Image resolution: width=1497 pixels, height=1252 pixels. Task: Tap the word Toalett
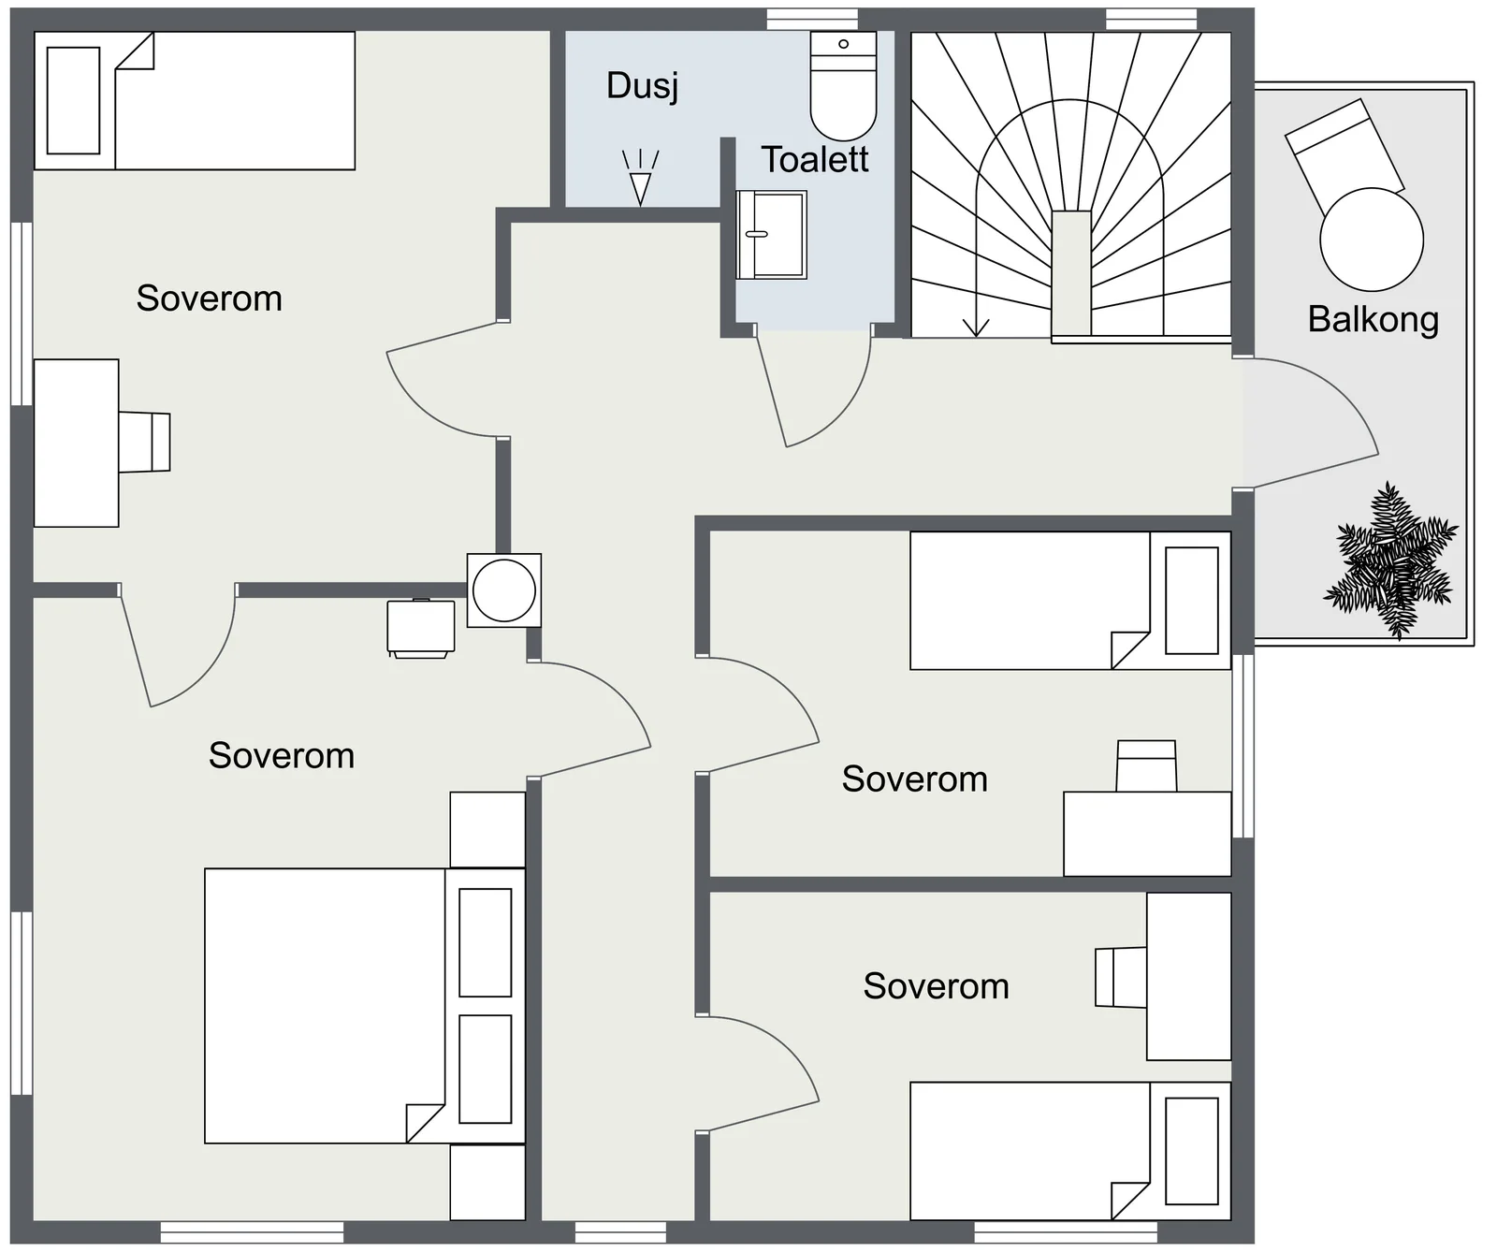[x=815, y=160]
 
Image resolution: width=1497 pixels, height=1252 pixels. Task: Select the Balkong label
[x=1373, y=320]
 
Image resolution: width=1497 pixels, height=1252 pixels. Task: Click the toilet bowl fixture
[x=843, y=85]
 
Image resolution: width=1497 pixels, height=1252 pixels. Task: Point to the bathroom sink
[x=771, y=235]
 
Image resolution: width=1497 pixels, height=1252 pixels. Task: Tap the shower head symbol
[x=641, y=177]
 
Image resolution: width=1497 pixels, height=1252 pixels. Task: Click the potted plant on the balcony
[x=1391, y=560]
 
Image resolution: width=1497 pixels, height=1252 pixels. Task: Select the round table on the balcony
[x=1372, y=240]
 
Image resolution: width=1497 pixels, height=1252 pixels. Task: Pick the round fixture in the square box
[x=504, y=590]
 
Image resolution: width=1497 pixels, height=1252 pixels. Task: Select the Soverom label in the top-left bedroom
[x=210, y=298]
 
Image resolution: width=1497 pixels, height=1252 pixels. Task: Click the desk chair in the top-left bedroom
[x=144, y=441]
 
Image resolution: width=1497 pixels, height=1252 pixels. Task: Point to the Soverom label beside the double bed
[x=282, y=756]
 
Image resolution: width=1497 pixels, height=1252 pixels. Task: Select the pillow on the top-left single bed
[x=73, y=101]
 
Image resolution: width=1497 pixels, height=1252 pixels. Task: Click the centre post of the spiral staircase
[x=1071, y=273]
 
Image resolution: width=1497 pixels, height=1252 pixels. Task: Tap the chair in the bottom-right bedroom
[x=1122, y=977]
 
